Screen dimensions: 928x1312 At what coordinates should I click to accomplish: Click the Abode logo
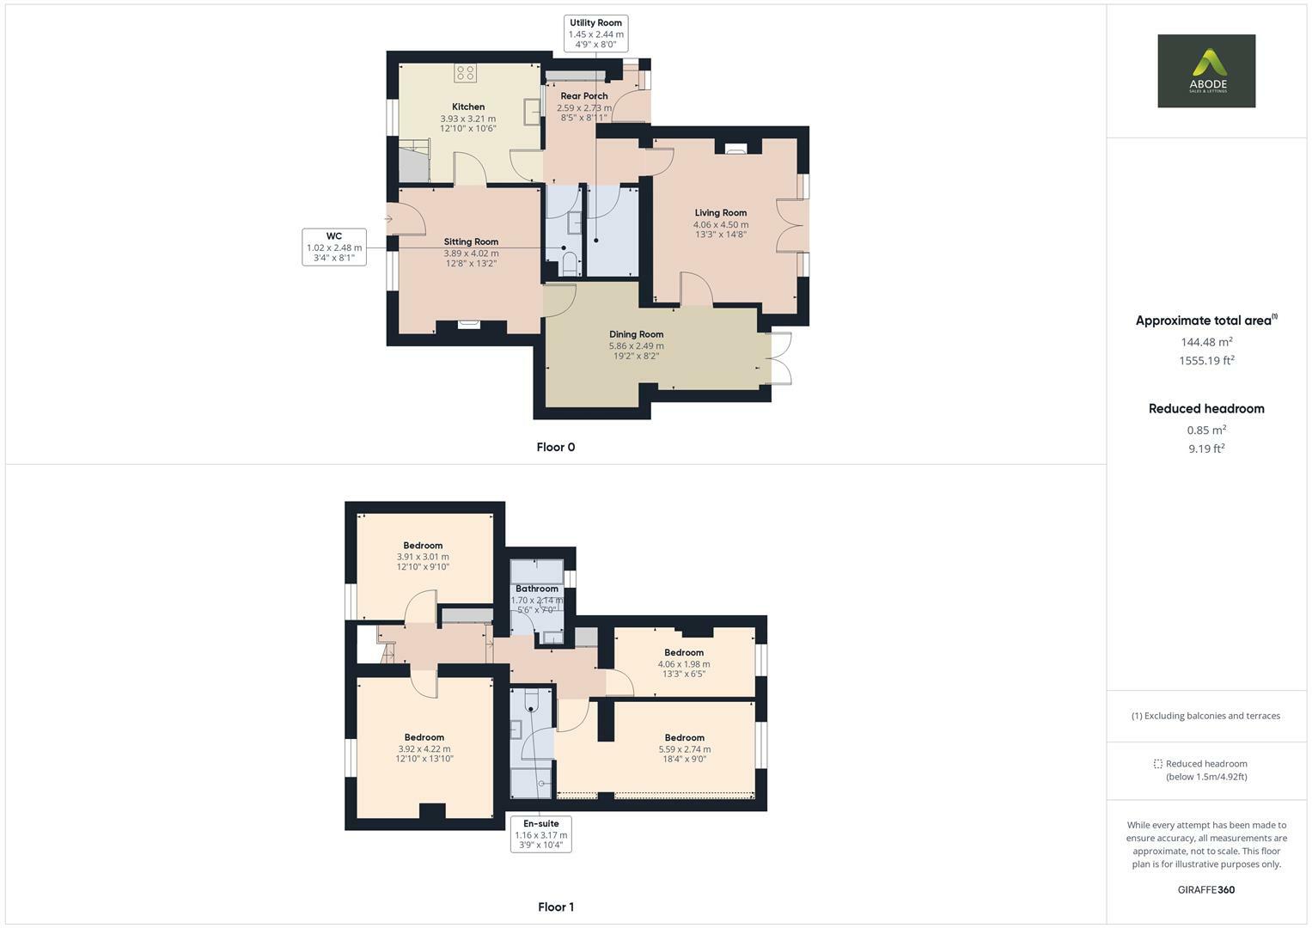[x=1205, y=70]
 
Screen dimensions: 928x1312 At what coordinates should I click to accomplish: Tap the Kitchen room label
[x=468, y=107]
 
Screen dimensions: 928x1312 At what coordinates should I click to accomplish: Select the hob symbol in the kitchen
[x=466, y=74]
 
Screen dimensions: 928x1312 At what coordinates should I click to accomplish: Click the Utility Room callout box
[x=595, y=34]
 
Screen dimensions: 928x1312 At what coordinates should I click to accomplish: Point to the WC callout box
[x=334, y=247]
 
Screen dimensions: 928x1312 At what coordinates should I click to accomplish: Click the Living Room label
[x=721, y=213]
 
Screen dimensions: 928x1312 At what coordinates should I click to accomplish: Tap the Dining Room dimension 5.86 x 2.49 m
[x=637, y=346]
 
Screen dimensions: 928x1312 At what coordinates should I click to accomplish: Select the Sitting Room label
[x=471, y=242]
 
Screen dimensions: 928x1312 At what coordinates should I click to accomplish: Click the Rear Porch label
[x=584, y=96]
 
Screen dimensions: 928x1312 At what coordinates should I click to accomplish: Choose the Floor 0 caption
[x=556, y=447]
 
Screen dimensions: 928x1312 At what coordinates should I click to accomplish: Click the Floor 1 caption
[x=556, y=907]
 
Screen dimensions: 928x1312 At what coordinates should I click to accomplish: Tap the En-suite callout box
[x=541, y=833]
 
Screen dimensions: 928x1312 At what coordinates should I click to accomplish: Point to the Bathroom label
[x=537, y=589]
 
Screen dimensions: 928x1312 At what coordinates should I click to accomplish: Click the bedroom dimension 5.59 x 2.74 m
[x=685, y=749]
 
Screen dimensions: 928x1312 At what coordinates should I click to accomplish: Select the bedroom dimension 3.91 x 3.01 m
[x=423, y=557]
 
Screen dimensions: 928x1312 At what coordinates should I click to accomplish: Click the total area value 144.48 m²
[x=1206, y=342]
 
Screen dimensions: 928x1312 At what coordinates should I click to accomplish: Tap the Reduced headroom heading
[x=1206, y=409]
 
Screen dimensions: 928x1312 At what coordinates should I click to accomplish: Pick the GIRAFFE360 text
[x=1206, y=890]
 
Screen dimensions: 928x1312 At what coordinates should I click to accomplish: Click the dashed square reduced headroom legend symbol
[x=1157, y=764]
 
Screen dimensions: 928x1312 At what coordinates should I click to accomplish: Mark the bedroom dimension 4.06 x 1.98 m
[x=684, y=664]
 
